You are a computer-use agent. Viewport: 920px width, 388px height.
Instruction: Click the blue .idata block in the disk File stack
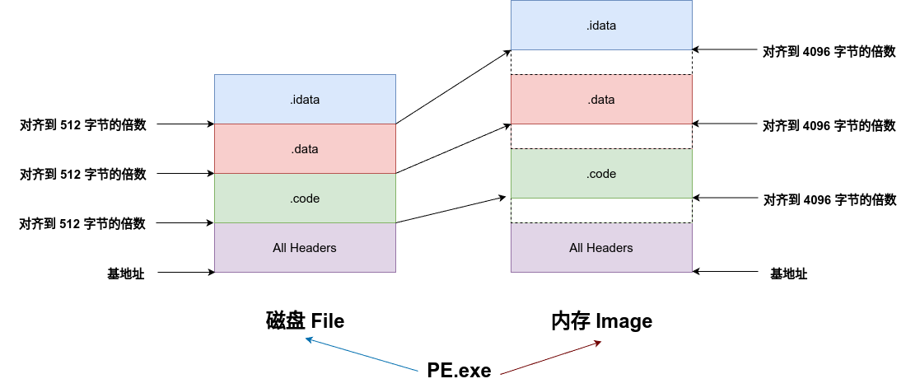pyautogui.click(x=305, y=100)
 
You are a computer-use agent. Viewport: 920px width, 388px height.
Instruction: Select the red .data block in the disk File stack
pyautogui.click(x=305, y=149)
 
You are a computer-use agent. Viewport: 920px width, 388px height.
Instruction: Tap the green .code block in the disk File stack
pyautogui.click(x=305, y=199)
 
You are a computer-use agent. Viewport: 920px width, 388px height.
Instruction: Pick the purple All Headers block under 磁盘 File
pyautogui.click(x=305, y=248)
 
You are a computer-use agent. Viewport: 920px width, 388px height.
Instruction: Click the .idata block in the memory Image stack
pyautogui.click(x=601, y=26)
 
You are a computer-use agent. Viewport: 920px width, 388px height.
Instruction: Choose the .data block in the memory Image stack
pyautogui.click(x=601, y=100)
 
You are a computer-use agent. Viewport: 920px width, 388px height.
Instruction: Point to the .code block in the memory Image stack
pyautogui.click(x=601, y=174)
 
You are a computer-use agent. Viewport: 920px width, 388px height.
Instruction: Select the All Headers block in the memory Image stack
pyautogui.click(x=601, y=248)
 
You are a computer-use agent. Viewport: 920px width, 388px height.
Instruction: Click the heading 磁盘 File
pyautogui.click(x=305, y=321)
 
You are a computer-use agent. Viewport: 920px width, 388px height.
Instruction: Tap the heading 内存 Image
pyautogui.click(x=601, y=321)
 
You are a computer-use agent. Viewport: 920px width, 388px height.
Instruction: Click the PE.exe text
pyautogui.click(x=459, y=370)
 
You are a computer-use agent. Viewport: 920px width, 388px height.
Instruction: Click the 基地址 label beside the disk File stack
pyautogui.click(x=126, y=273)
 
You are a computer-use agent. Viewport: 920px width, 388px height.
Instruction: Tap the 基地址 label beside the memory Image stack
pyautogui.click(x=788, y=273)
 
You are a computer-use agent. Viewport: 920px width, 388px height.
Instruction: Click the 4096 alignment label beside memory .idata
pyautogui.click(x=829, y=51)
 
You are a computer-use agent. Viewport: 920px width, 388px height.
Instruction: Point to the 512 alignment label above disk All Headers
pyautogui.click(x=83, y=224)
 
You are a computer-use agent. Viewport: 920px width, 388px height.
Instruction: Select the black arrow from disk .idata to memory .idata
pyautogui.click(x=453, y=87)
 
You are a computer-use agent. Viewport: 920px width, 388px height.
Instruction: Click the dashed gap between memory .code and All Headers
pyautogui.click(x=601, y=211)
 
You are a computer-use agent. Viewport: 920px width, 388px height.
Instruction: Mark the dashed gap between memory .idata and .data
pyautogui.click(x=601, y=63)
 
